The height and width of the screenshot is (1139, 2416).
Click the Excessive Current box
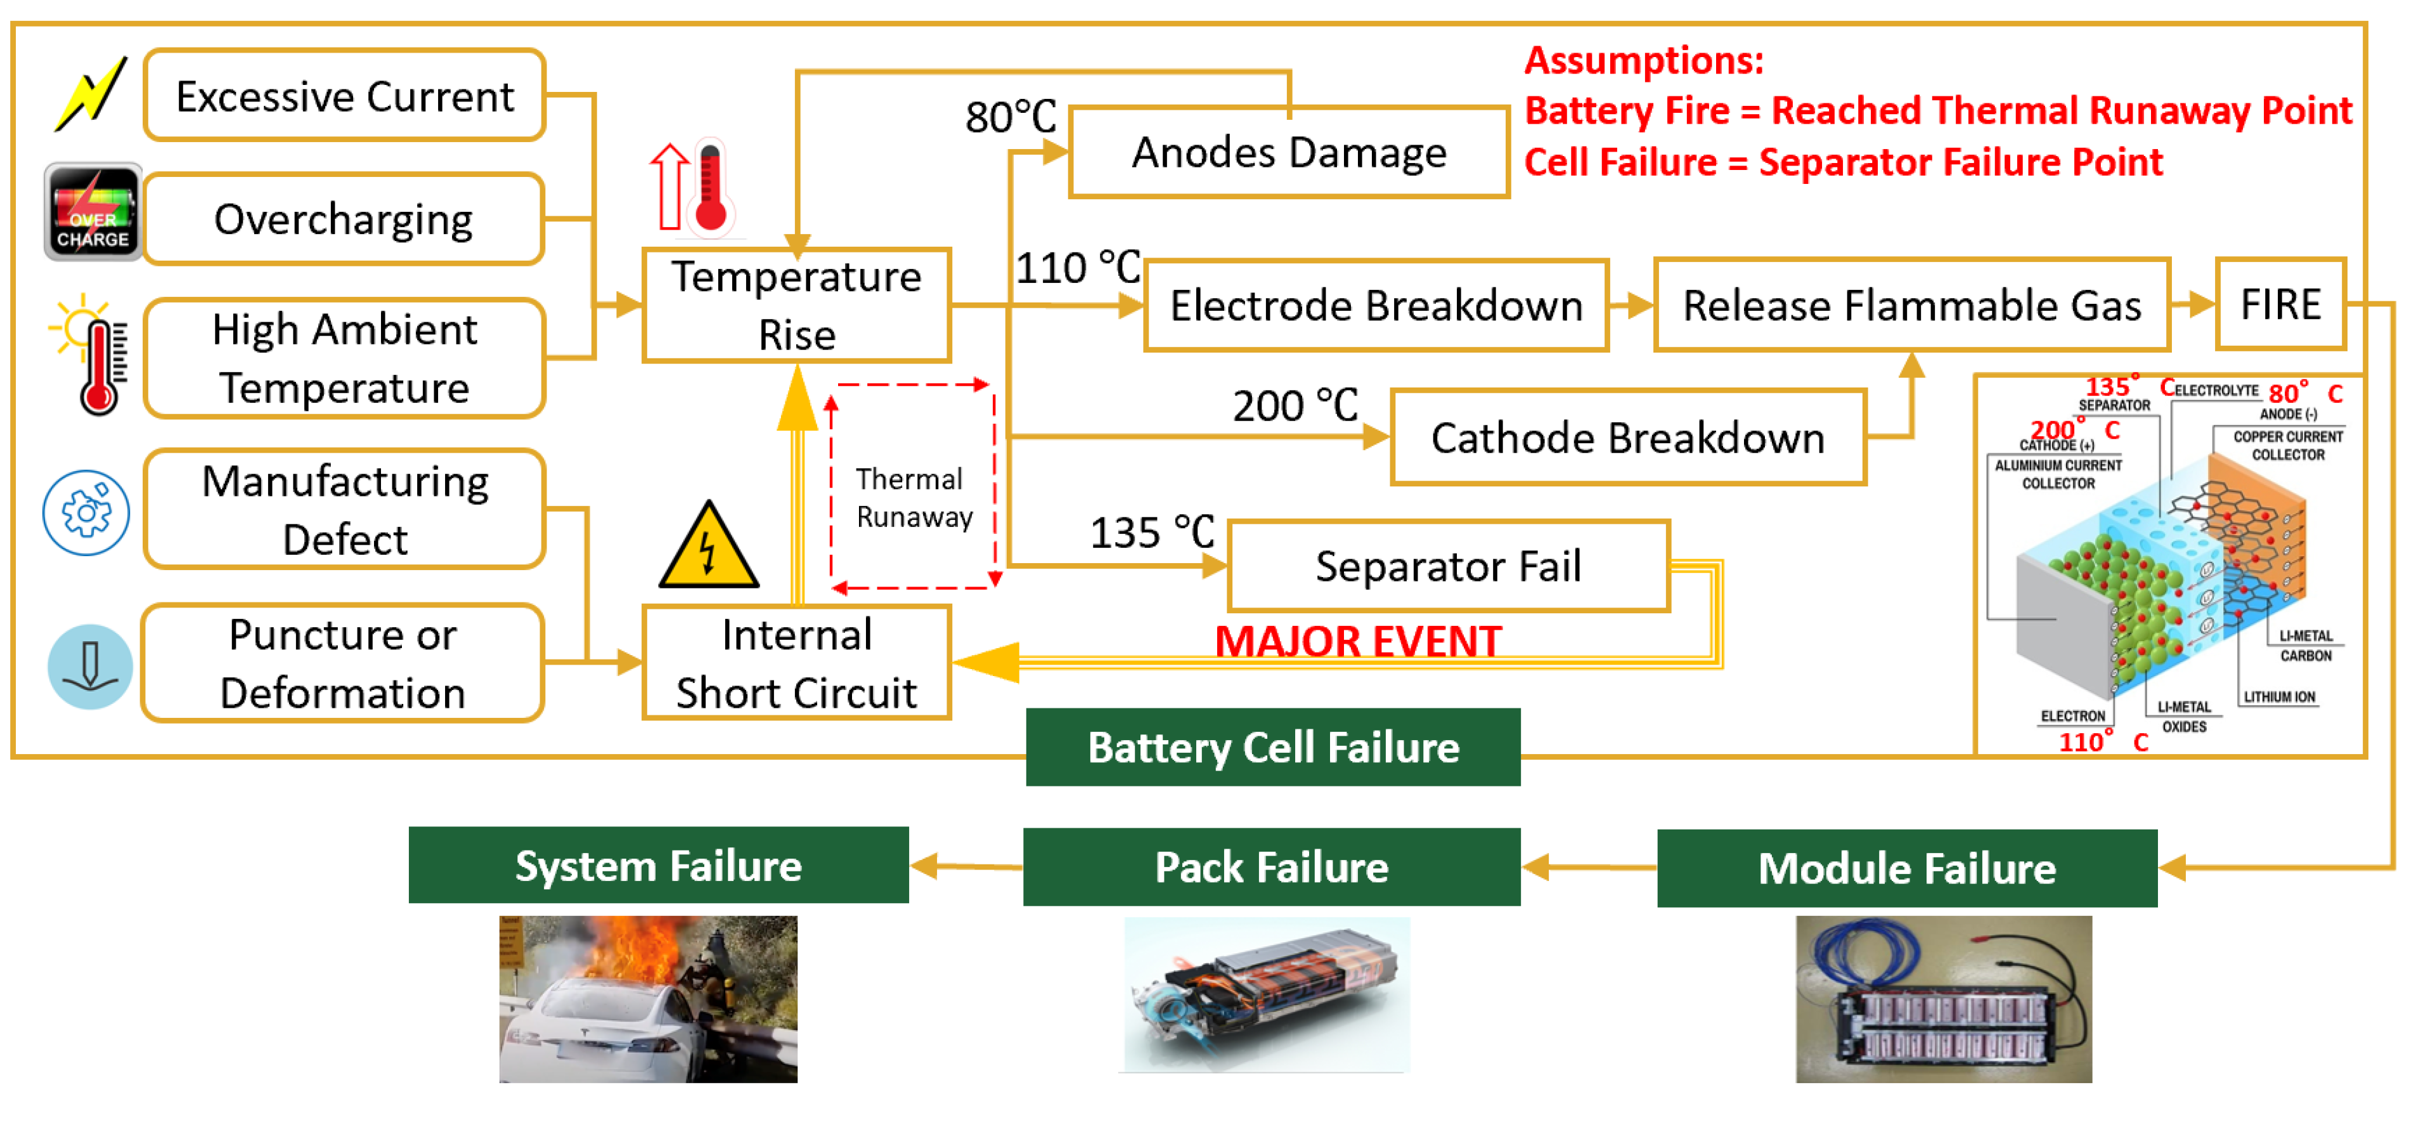345,96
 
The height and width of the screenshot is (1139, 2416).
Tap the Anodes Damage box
1289,153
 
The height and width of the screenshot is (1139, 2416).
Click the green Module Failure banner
1907,868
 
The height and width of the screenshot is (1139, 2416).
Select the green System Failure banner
659,865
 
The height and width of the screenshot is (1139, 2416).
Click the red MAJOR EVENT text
1358,642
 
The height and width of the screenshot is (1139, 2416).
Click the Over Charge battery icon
93,212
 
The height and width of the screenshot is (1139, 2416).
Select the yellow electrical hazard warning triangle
708,547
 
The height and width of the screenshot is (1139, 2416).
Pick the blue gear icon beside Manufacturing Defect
86,512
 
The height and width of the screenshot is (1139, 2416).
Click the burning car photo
648,999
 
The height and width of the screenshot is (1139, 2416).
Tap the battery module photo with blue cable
1943,999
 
